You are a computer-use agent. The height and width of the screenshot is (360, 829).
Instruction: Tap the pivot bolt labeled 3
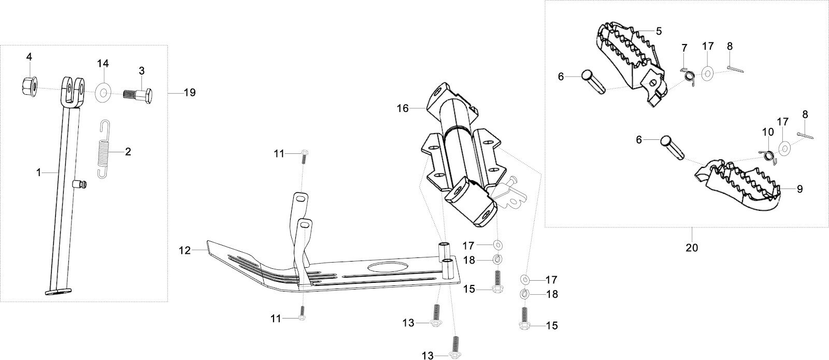(138, 96)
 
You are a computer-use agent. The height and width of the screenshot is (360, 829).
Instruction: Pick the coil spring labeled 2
(105, 149)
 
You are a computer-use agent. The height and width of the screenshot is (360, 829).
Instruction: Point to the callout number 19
(190, 93)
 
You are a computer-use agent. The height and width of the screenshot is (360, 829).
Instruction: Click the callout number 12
(185, 251)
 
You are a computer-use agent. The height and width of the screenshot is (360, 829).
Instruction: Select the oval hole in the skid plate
(385, 268)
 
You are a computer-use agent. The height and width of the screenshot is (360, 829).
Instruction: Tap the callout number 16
(403, 108)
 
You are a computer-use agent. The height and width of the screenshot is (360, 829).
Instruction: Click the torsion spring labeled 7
(688, 75)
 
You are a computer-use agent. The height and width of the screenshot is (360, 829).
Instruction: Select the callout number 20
(692, 248)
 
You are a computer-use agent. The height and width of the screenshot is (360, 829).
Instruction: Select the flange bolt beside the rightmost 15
(523, 318)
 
